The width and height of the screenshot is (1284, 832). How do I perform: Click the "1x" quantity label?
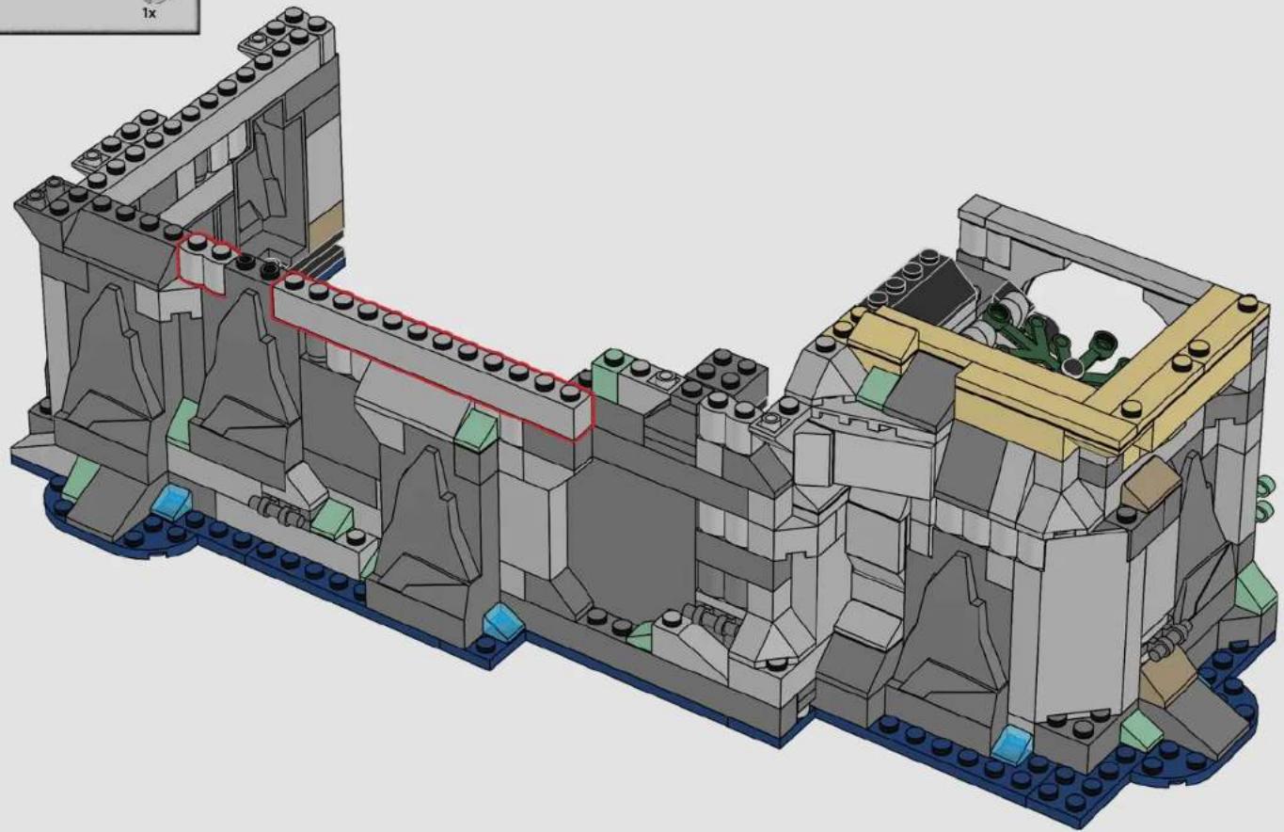point(149,13)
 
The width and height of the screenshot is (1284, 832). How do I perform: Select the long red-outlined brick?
point(433,357)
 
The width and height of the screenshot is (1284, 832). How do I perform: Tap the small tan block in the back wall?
point(326,225)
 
